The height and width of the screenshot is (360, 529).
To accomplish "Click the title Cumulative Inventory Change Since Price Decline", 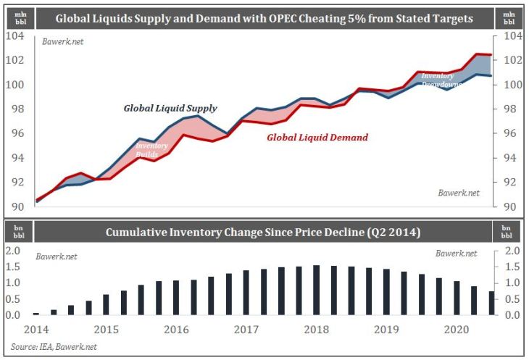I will click(x=264, y=233).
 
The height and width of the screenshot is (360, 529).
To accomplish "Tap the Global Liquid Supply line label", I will click(x=170, y=108).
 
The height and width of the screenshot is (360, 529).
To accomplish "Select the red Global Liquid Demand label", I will click(x=317, y=137).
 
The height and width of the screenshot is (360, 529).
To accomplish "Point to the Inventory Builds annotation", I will click(x=147, y=150).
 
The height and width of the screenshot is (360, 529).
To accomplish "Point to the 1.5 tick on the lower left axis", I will click(x=14, y=267).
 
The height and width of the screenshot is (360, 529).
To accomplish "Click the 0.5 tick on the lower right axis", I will click(x=512, y=299).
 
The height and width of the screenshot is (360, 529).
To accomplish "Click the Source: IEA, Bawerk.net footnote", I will click(x=54, y=347).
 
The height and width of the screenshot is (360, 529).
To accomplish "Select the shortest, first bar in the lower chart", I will click(x=36, y=313).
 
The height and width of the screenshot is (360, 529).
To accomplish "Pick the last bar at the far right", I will click(x=492, y=303).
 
